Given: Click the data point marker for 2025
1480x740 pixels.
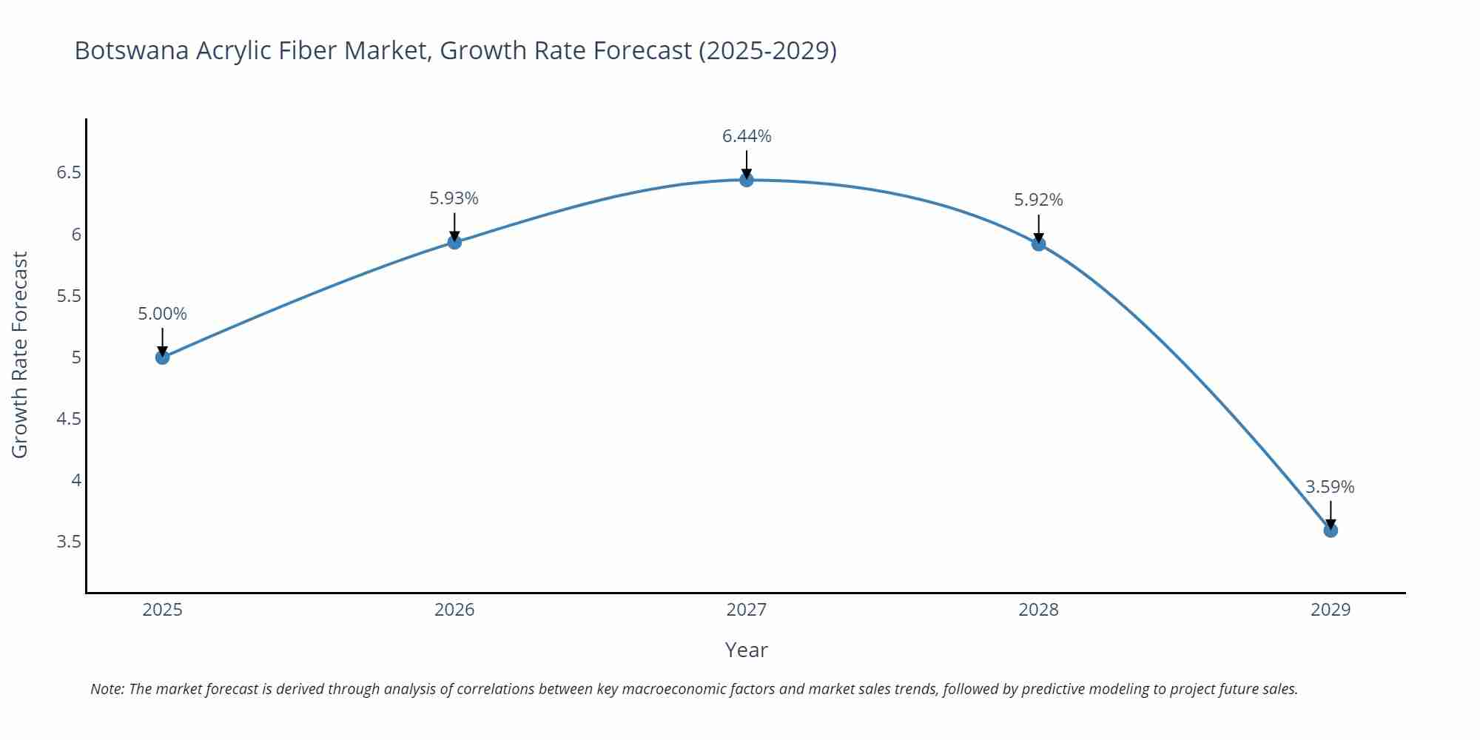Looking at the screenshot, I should [x=163, y=357].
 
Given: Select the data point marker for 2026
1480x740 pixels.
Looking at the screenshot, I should [x=454, y=242].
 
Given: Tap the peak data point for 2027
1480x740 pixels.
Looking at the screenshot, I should [x=747, y=180].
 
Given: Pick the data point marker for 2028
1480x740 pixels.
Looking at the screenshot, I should [x=1038, y=243].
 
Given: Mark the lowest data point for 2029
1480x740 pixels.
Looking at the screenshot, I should [x=1331, y=530].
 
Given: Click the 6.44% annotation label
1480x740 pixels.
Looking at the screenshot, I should [x=747, y=136].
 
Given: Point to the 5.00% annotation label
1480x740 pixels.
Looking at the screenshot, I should [x=163, y=314].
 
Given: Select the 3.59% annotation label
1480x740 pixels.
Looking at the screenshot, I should [x=1330, y=487].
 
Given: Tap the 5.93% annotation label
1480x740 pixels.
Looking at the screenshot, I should [x=454, y=198].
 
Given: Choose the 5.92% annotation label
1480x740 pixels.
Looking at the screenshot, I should [x=1038, y=200].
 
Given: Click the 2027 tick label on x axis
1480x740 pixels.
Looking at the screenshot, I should [x=747, y=610].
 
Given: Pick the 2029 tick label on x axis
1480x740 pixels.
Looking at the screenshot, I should [x=1331, y=610].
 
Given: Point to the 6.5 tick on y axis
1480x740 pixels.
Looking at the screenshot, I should [x=69, y=172].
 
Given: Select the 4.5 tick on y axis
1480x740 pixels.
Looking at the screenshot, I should [x=69, y=419].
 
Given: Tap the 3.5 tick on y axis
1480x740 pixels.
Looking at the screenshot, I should [x=69, y=542].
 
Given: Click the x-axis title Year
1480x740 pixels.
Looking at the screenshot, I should [x=747, y=650].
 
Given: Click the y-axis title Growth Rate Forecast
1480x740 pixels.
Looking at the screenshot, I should [x=20, y=354].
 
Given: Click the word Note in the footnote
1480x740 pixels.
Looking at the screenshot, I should [x=107, y=689].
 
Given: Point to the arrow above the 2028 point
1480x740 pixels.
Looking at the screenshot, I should [x=1038, y=228].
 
